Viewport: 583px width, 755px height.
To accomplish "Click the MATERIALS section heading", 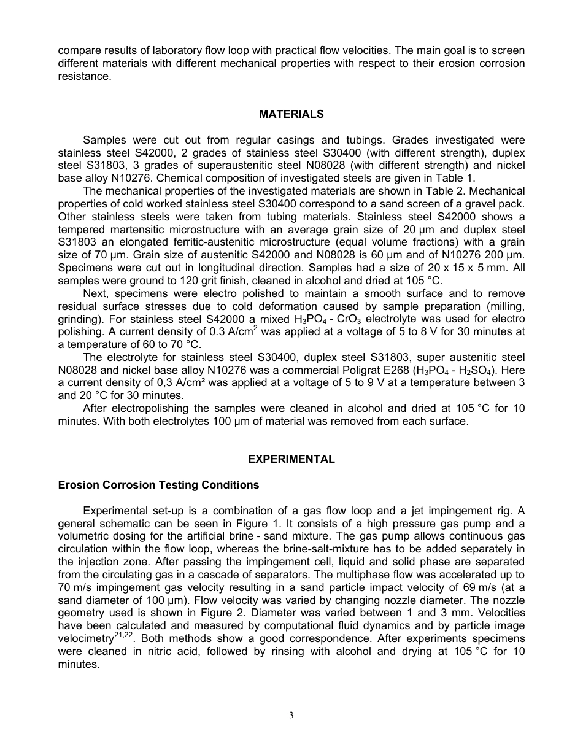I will coord(291,114).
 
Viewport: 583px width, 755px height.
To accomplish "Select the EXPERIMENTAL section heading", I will coord(291,459).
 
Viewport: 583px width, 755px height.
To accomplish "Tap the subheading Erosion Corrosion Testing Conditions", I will coord(158,485).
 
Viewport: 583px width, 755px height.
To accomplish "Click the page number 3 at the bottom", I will coord(291,715).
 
